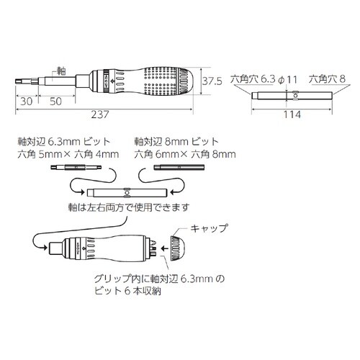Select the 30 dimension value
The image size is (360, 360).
25,101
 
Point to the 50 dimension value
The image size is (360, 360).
54,101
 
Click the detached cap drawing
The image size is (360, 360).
177,248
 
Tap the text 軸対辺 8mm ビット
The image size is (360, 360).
175,142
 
